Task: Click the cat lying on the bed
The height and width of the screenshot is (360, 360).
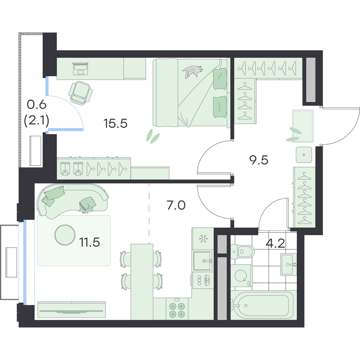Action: point(192,71)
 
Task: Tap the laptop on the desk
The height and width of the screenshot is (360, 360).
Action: point(80,69)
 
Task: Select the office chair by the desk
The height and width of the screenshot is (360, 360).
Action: point(80,93)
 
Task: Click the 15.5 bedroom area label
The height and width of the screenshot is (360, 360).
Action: point(115,124)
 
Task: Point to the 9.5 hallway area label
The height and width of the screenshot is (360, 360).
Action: point(259,160)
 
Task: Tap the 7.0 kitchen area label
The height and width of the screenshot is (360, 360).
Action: point(176,205)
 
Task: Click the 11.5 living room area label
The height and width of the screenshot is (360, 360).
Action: point(89,242)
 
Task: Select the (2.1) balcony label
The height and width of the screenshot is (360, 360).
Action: point(37,121)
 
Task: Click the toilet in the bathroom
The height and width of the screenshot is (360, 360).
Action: point(242,252)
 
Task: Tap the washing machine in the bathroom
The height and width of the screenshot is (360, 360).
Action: point(241,276)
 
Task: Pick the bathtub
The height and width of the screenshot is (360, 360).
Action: point(263,305)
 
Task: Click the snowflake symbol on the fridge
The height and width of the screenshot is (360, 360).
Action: point(203,238)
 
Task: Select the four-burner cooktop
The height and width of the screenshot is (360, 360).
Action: point(177,310)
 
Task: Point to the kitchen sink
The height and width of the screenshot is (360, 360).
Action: point(203,261)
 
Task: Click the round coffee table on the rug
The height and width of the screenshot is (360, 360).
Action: point(65,235)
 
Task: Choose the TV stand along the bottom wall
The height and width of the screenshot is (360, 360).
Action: point(72,309)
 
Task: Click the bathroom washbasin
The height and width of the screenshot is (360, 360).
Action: point(288,265)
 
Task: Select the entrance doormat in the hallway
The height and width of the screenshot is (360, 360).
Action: point(303,126)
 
